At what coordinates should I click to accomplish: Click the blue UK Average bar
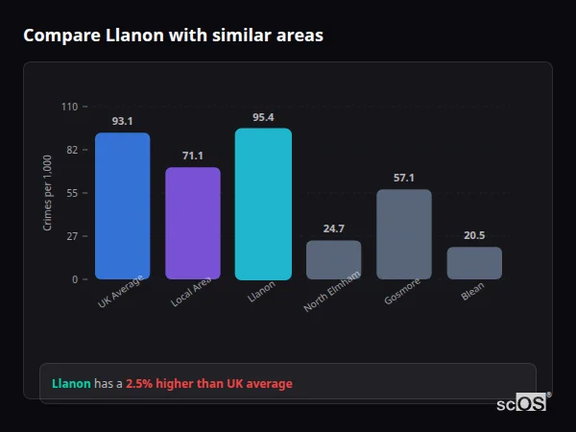click(122, 206)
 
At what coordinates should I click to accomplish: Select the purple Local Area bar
click(193, 224)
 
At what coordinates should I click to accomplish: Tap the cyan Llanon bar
click(263, 204)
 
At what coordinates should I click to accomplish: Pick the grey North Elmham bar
click(333, 260)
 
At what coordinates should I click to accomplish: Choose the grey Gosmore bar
click(404, 234)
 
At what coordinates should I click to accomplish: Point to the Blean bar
click(474, 263)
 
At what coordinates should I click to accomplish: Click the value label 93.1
click(122, 121)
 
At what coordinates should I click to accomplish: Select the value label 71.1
click(193, 156)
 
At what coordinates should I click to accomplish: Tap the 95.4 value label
click(263, 117)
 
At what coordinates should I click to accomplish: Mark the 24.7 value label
click(333, 228)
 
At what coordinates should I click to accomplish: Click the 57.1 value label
click(404, 178)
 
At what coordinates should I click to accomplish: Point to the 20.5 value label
click(474, 235)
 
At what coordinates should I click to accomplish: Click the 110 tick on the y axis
click(69, 107)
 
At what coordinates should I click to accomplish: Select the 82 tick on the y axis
click(71, 150)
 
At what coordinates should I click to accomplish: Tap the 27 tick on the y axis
click(71, 236)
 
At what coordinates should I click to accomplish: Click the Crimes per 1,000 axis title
click(48, 193)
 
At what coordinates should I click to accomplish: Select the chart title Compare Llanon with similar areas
click(173, 36)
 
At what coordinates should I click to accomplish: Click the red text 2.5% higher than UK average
click(209, 384)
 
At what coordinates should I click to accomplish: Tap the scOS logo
click(522, 403)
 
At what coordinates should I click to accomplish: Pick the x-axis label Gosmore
click(400, 293)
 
